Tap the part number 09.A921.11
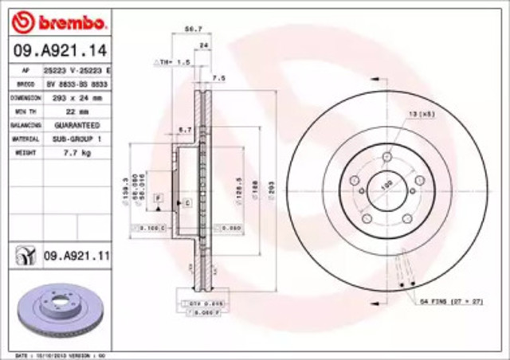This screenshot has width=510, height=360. [75, 255]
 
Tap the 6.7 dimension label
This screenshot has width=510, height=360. [186, 129]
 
